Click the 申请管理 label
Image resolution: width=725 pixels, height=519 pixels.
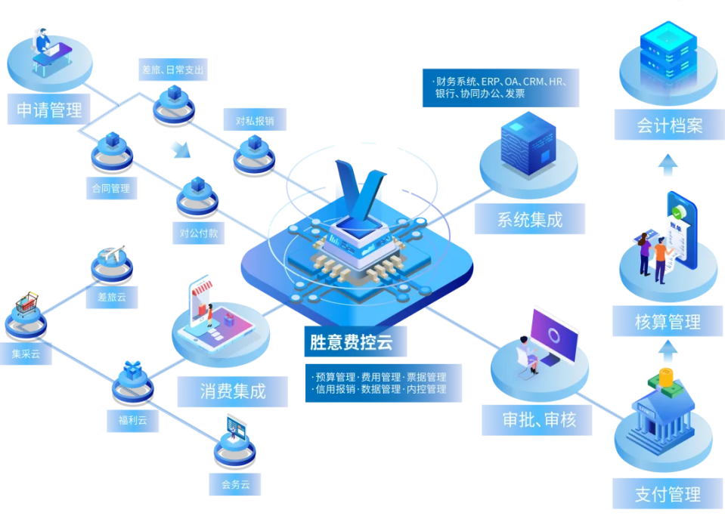pos(49,110)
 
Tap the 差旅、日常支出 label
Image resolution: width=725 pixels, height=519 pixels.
pos(173,70)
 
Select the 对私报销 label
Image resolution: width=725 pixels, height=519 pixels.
pos(254,121)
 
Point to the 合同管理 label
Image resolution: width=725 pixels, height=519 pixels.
pos(111,188)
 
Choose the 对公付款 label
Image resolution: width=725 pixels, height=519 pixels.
pos(198,233)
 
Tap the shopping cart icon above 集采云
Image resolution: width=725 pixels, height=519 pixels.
pos(26,304)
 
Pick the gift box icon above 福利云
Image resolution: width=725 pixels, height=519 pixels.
pos(133,370)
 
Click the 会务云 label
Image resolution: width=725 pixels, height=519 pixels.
pos(235,484)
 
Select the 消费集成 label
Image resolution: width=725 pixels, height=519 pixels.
pos(233,391)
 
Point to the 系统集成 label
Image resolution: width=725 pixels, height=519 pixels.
pos(530,220)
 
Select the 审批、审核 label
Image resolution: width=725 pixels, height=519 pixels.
pos(537,420)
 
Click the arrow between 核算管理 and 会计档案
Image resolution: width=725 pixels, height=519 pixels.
pos(667,164)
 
